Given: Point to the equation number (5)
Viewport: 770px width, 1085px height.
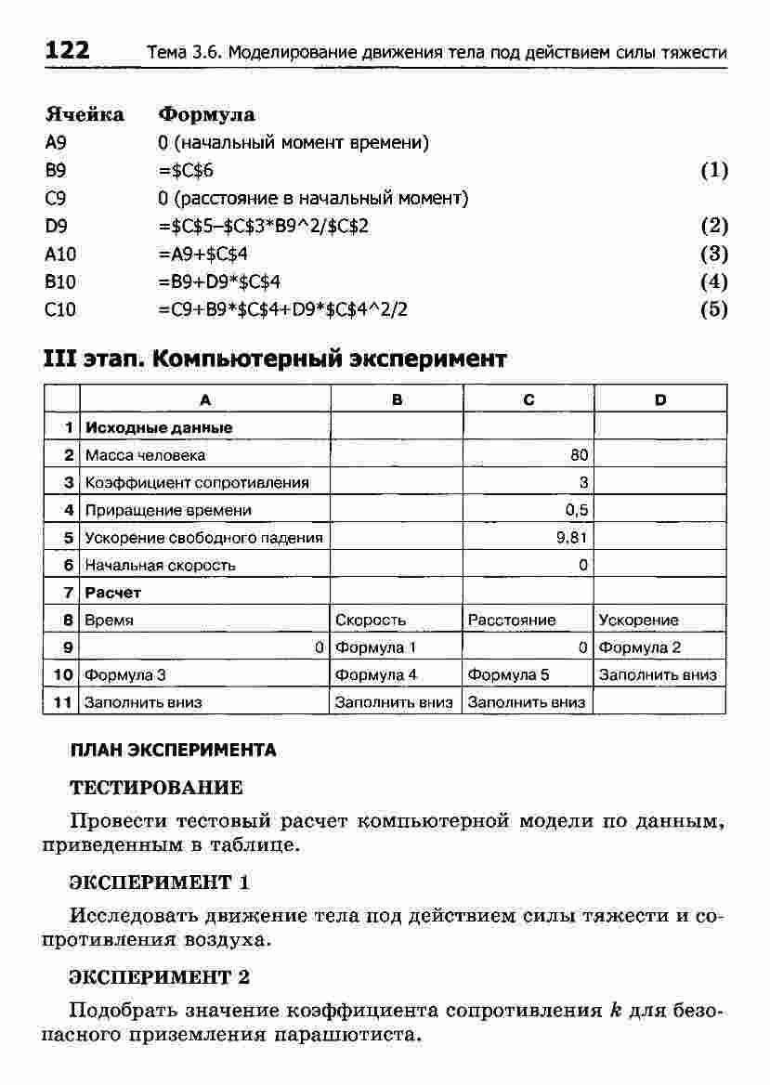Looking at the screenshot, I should pyautogui.click(x=713, y=309).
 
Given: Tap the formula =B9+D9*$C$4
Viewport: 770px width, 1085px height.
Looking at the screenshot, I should pyautogui.click(x=219, y=281).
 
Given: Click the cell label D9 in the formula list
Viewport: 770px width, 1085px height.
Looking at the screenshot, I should pyautogui.click(x=56, y=226).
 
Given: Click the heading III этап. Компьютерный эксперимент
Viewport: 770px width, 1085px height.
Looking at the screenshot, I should pyautogui.click(x=276, y=359).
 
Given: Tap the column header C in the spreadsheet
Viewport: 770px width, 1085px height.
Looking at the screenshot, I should pyautogui.click(x=529, y=400).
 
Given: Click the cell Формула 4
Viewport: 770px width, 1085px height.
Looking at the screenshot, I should pyautogui.click(x=376, y=675).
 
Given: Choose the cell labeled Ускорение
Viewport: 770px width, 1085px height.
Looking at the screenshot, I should pyautogui.click(x=638, y=620).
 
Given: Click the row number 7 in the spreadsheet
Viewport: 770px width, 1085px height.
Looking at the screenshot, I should pyautogui.click(x=69, y=592).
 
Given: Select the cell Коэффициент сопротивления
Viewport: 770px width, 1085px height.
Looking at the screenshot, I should pyautogui.click(x=197, y=482).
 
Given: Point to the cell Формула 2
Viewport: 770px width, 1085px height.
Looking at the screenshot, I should pyautogui.click(x=640, y=647).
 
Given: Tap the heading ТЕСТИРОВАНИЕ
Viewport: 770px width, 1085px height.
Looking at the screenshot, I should pyautogui.click(x=157, y=788).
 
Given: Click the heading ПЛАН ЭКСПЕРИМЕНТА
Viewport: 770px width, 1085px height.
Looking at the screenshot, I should pyautogui.click(x=174, y=750).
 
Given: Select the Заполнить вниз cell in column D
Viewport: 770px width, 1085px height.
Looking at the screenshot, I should pyautogui.click(x=658, y=675).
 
